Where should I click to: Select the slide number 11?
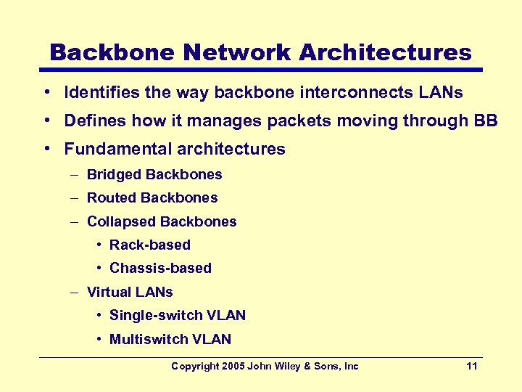pyautogui.click(x=472, y=367)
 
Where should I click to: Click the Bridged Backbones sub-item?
pyautogui.click(x=154, y=175)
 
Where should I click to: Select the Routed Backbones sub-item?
pyautogui.click(x=152, y=198)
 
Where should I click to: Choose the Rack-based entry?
pyautogui.click(x=150, y=245)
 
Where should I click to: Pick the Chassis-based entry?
pyautogui.click(x=160, y=269)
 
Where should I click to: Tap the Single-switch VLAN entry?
pyautogui.click(x=178, y=316)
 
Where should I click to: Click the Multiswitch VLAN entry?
pyautogui.click(x=170, y=339)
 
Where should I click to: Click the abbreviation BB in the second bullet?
pyautogui.click(x=486, y=121)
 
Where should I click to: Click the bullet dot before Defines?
pyautogui.click(x=46, y=121)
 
